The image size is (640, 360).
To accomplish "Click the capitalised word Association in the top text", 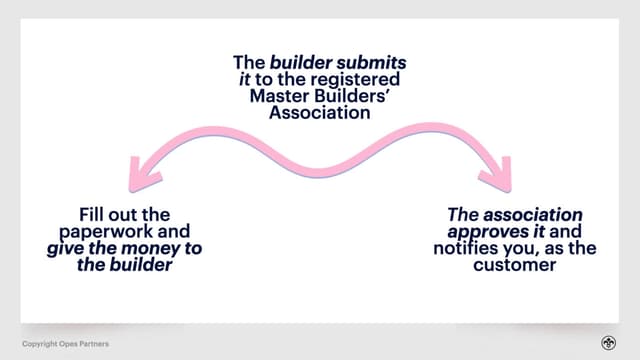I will point(319,114).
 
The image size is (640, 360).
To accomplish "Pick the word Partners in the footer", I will point(96,344).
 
